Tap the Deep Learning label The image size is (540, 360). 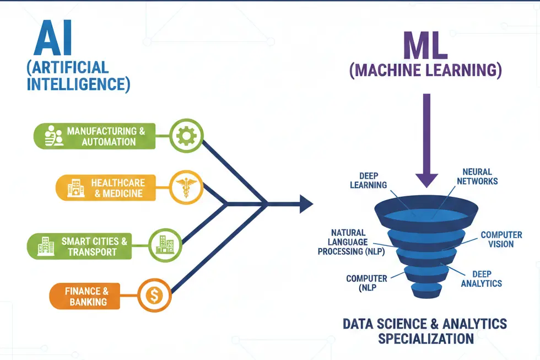pyautogui.click(x=368, y=180)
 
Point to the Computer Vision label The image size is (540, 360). pyautogui.click(x=501, y=239)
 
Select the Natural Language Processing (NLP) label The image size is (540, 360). pyautogui.click(x=348, y=242)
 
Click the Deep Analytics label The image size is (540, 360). pyautogui.click(x=482, y=278)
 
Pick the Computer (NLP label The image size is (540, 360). pyautogui.click(x=366, y=283)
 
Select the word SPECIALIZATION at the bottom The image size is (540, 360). pyautogui.click(x=425, y=337)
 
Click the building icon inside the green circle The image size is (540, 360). pyautogui.click(x=164, y=244)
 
